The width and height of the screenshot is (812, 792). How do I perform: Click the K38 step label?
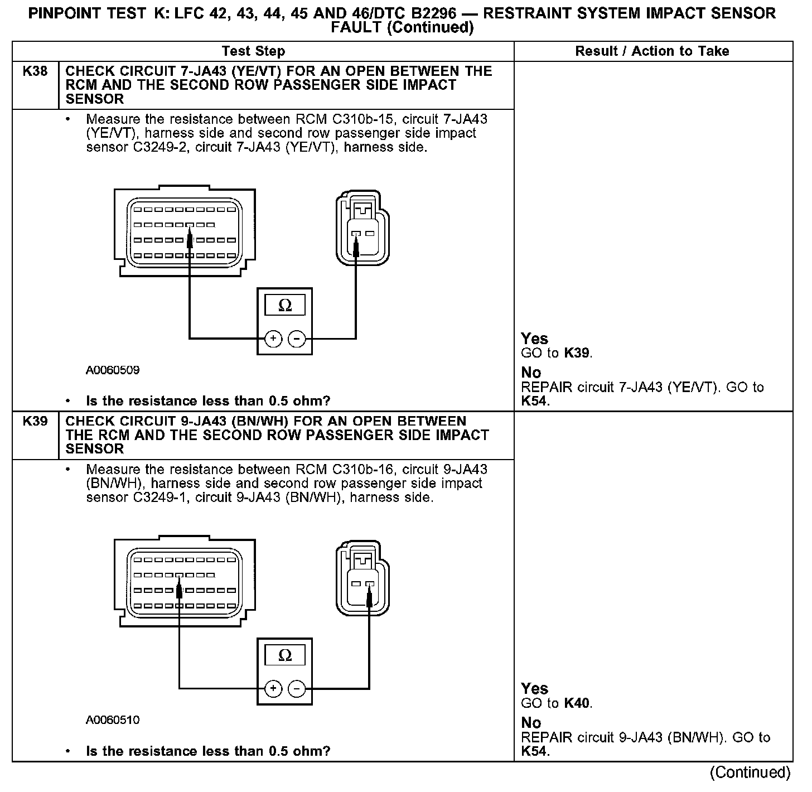click(35, 71)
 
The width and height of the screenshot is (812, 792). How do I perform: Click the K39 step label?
click(35, 421)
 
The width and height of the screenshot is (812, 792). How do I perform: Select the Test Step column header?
click(253, 51)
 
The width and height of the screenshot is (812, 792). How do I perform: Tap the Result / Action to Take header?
click(652, 51)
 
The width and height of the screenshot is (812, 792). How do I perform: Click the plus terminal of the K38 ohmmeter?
click(273, 339)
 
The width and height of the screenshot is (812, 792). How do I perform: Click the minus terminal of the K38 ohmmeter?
click(297, 339)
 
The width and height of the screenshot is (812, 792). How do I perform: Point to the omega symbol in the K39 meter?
click(284, 655)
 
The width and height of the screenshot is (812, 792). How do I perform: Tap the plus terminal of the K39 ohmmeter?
click(273, 689)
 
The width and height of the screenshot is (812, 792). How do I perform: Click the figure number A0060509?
click(113, 370)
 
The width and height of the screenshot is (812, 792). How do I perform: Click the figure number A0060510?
click(113, 720)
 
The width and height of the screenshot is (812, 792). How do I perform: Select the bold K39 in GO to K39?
click(577, 353)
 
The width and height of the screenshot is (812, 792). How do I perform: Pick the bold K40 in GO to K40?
click(577, 703)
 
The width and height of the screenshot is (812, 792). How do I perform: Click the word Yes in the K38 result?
click(534, 339)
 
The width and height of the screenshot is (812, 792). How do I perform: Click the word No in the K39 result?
click(531, 723)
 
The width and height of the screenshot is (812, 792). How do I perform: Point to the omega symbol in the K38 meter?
click(284, 306)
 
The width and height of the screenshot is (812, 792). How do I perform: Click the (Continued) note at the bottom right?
click(750, 772)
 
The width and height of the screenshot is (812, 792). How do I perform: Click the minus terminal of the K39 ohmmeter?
click(297, 689)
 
